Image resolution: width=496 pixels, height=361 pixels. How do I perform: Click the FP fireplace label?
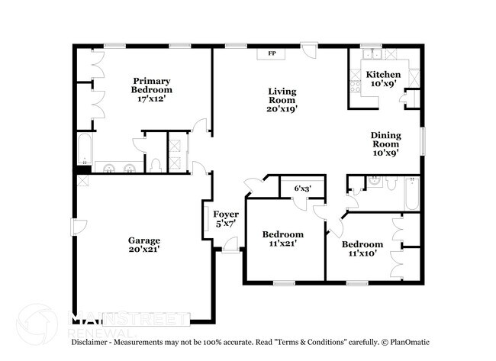pyautogui.click(x=272, y=53)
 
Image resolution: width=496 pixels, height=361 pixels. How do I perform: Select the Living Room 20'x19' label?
pyautogui.click(x=282, y=99)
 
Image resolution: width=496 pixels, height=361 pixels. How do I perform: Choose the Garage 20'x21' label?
pyautogui.click(x=143, y=245)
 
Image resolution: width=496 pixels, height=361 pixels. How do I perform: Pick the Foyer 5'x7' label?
pyautogui.click(x=225, y=219)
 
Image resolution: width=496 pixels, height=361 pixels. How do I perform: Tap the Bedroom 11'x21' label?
pyautogui.click(x=282, y=239)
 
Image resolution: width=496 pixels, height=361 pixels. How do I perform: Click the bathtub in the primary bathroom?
pyautogui.click(x=84, y=147)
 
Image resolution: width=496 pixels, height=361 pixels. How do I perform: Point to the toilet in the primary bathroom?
pyautogui.click(x=155, y=163)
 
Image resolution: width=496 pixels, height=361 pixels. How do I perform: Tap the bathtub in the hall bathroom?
pyautogui.click(x=412, y=194)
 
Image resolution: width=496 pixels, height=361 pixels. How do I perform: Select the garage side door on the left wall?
pyautogui.click(x=75, y=227)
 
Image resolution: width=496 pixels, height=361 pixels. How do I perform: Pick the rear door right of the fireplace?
pyautogui.click(x=308, y=51)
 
